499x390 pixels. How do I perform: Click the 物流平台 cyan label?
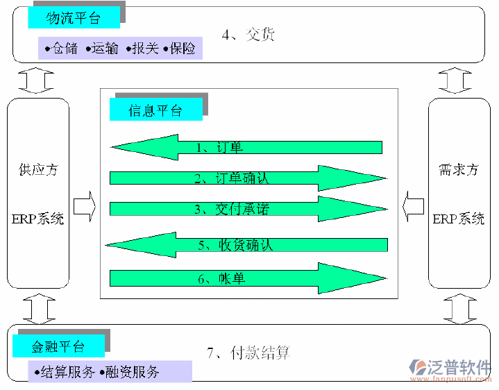74,18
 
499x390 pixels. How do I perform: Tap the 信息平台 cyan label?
155,110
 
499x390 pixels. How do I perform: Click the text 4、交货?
248,34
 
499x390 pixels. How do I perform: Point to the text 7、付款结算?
248,353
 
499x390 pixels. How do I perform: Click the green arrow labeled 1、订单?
246,147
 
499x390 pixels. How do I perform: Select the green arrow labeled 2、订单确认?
247,178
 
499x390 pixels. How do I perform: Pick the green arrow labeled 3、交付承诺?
247,209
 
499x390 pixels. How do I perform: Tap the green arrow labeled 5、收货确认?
246,244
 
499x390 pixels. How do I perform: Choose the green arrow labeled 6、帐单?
247,278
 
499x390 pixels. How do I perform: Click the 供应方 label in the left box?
38,169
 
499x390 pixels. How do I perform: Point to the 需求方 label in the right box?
459,169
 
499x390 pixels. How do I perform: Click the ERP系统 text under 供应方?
38,219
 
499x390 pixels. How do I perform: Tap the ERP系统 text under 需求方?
459,219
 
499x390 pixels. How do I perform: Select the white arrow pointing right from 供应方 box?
84,207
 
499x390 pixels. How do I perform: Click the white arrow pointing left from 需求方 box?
414,207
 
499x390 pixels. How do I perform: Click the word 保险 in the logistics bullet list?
183,49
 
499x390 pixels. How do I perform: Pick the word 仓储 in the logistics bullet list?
65,49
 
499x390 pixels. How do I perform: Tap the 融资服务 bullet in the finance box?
133,372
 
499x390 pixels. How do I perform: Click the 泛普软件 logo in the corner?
452,368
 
